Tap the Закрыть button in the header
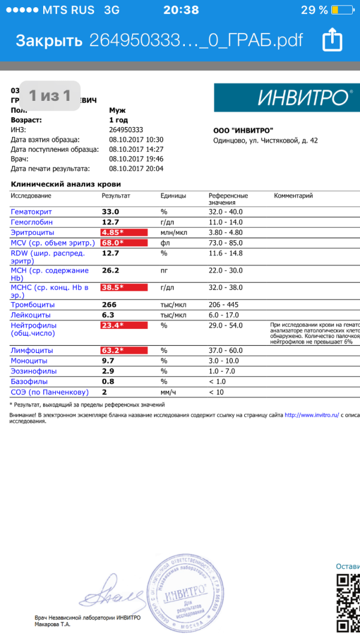pyautogui.click(x=49, y=41)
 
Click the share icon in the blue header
pyautogui.click(x=332, y=41)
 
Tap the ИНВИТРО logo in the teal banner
pyautogui.click(x=304, y=97)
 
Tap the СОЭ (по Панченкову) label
pyautogui.click(x=50, y=392)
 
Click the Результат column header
pyautogui.click(x=116, y=196)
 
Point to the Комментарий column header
pyautogui.click(x=293, y=196)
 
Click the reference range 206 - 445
pyautogui.click(x=224, y=304)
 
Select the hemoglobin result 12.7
pyautogui.click(x=110, y=222)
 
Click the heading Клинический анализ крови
pyautogui.click(x=66, y=184)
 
